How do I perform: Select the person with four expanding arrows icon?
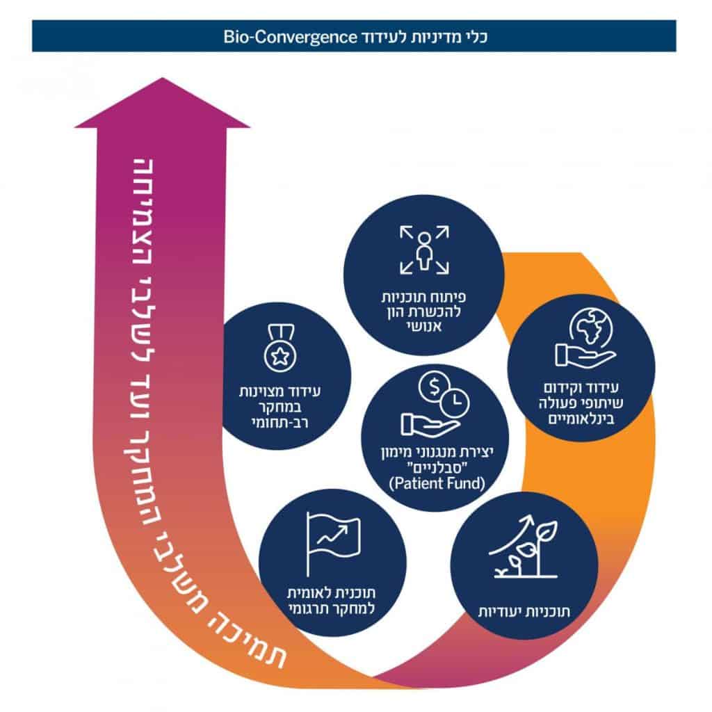point(425,249)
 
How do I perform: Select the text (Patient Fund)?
point(435,484)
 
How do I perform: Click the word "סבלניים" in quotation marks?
point(435,468)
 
